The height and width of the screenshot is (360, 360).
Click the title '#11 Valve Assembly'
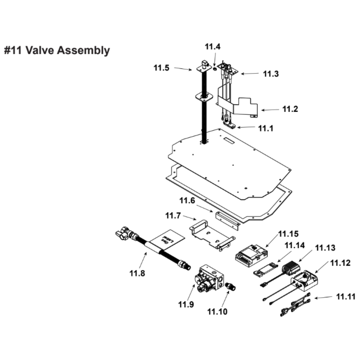(x=57, y=50)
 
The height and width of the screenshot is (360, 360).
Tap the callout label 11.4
(x=213, y=46)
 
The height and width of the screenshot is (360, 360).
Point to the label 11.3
(x=271, y=74)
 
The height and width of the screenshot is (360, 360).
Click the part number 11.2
(x=290, y=109)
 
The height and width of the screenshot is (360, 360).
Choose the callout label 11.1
(x=266, y=128)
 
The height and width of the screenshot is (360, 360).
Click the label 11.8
(x=138, y=273)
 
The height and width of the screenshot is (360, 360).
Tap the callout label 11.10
(x=217, y=311)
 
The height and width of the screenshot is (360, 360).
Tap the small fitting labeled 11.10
(x=230, y=287)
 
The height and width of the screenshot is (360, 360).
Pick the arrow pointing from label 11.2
(x=270, y=109)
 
